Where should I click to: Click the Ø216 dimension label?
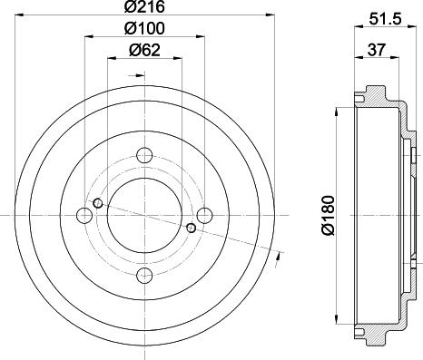coord(144,8)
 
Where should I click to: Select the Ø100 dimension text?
coord(143,30)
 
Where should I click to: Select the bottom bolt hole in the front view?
coord(144,275)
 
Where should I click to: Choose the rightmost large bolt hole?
coord(205,214)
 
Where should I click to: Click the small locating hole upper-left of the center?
coord(98,201)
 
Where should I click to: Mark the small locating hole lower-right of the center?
coord(190,228)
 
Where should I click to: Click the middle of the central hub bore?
coord(144,214)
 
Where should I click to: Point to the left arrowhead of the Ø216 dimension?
coord(21,16)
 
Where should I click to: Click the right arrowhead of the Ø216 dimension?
coord(268,16)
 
